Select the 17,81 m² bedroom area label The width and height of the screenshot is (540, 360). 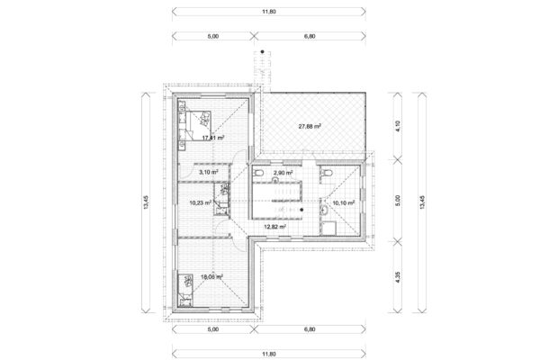(x=212, y=138)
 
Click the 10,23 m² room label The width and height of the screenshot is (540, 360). (x=201, y=202)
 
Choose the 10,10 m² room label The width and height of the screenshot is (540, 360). (x=344, y=203)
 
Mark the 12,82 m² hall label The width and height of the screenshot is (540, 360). (x=274, y=228)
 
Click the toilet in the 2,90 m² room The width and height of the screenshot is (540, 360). (x=260, y=170)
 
